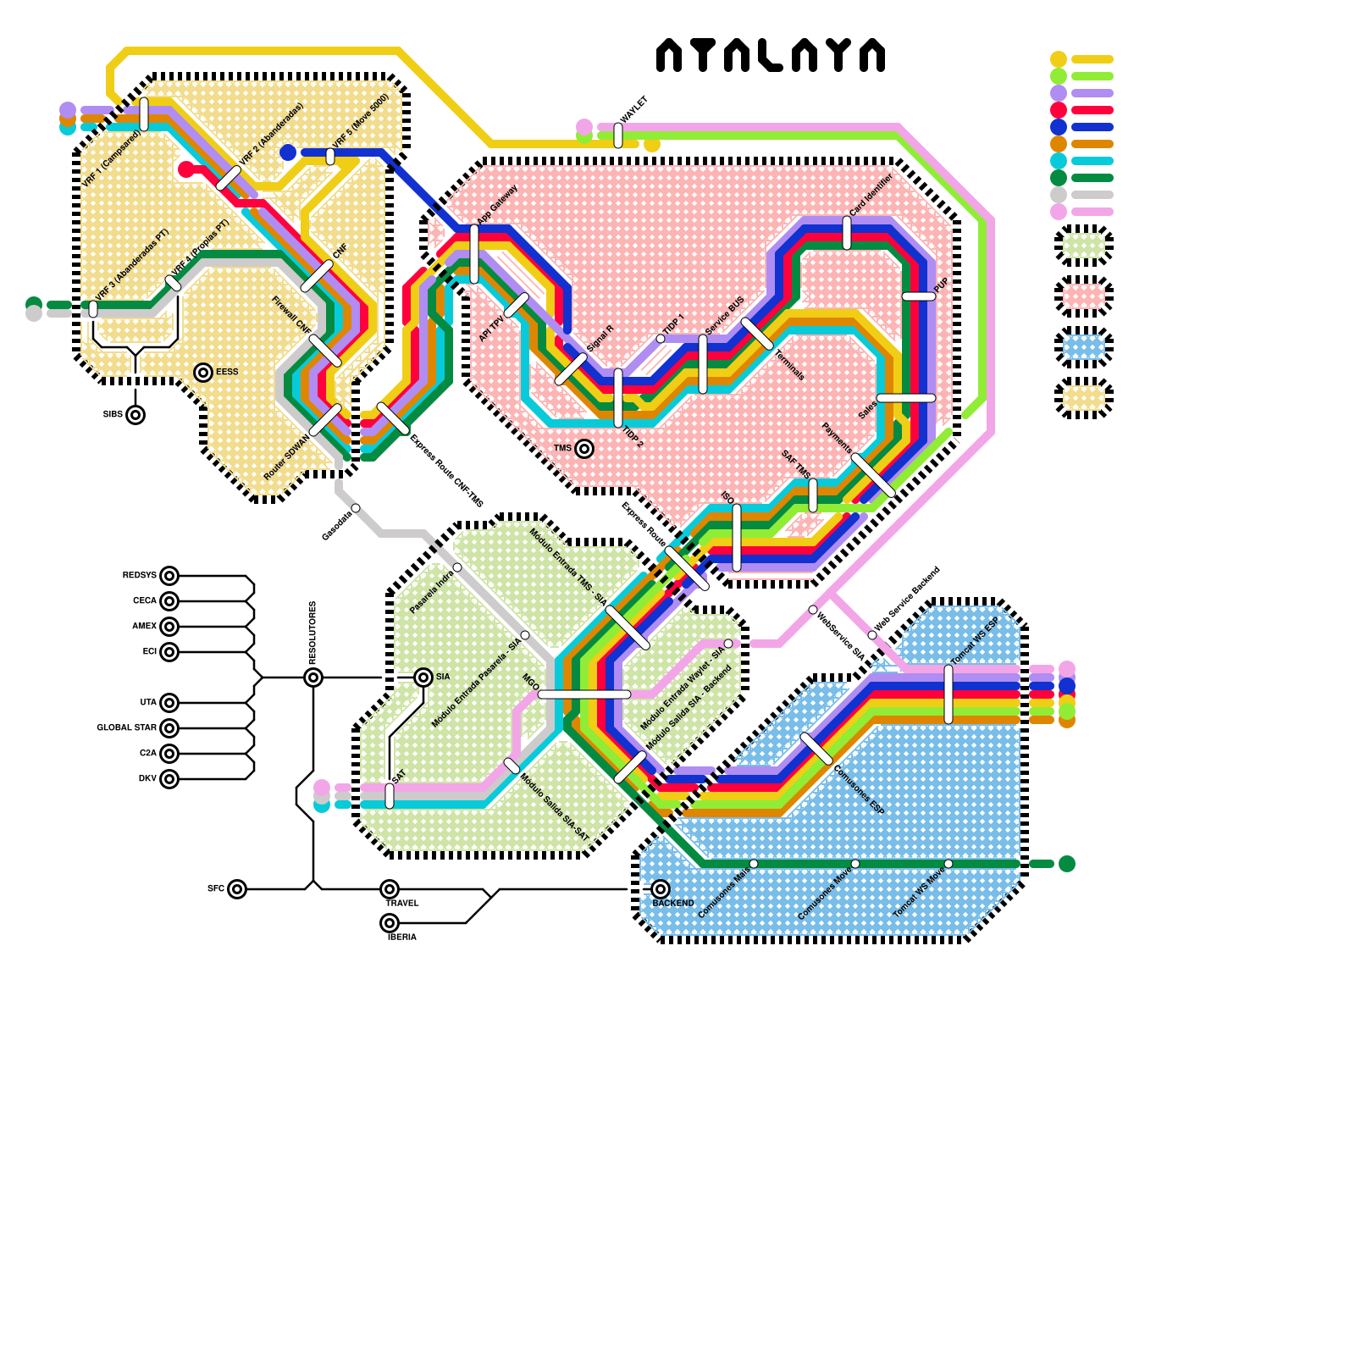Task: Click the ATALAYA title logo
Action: pos(771,55)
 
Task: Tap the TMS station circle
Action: pos(584,449)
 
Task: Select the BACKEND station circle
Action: pos(661,889)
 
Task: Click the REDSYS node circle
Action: pos(169,576)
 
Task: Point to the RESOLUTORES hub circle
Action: pos(313,677)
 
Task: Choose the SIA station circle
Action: pos(423,677)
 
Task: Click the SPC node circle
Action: pos(237,889)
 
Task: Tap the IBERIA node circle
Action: pos(390,923)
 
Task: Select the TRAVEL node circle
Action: pos(390,889)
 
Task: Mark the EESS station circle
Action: pos(203,373)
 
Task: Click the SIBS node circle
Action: pos(135,415)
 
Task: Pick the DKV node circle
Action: pos(169,779)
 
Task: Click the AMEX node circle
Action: pos(169,627)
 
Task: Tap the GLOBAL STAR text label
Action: pos(126,728)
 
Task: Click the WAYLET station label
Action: pos(634,108)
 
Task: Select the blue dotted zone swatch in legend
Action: pos(1084,347)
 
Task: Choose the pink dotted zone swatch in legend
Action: pos(1084,296)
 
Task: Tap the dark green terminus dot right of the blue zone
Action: pos(1067,864)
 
